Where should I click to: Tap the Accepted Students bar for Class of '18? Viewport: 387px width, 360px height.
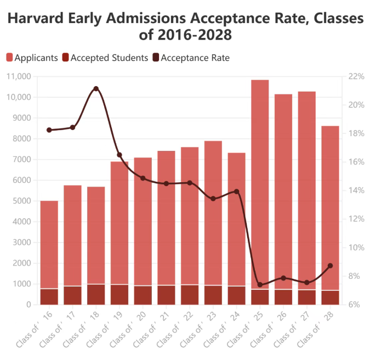tap(96, 294)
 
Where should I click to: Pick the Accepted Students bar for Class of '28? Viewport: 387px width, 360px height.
tap(330, 297)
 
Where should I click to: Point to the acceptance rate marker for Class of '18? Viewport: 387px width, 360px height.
tap(96, 88)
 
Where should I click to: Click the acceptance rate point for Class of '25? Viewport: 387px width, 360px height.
tap(260, 285)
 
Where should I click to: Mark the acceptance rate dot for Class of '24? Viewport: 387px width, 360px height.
tap(236, 192)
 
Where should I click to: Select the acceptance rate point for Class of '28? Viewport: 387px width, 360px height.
tap(330, 266)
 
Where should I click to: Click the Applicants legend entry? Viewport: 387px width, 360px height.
tap(32, 58)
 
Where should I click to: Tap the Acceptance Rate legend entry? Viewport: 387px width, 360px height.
tap(191, 58)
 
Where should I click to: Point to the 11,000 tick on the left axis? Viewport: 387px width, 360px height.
tap(19, 76)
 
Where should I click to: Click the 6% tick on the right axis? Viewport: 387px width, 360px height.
tap(356, 305)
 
